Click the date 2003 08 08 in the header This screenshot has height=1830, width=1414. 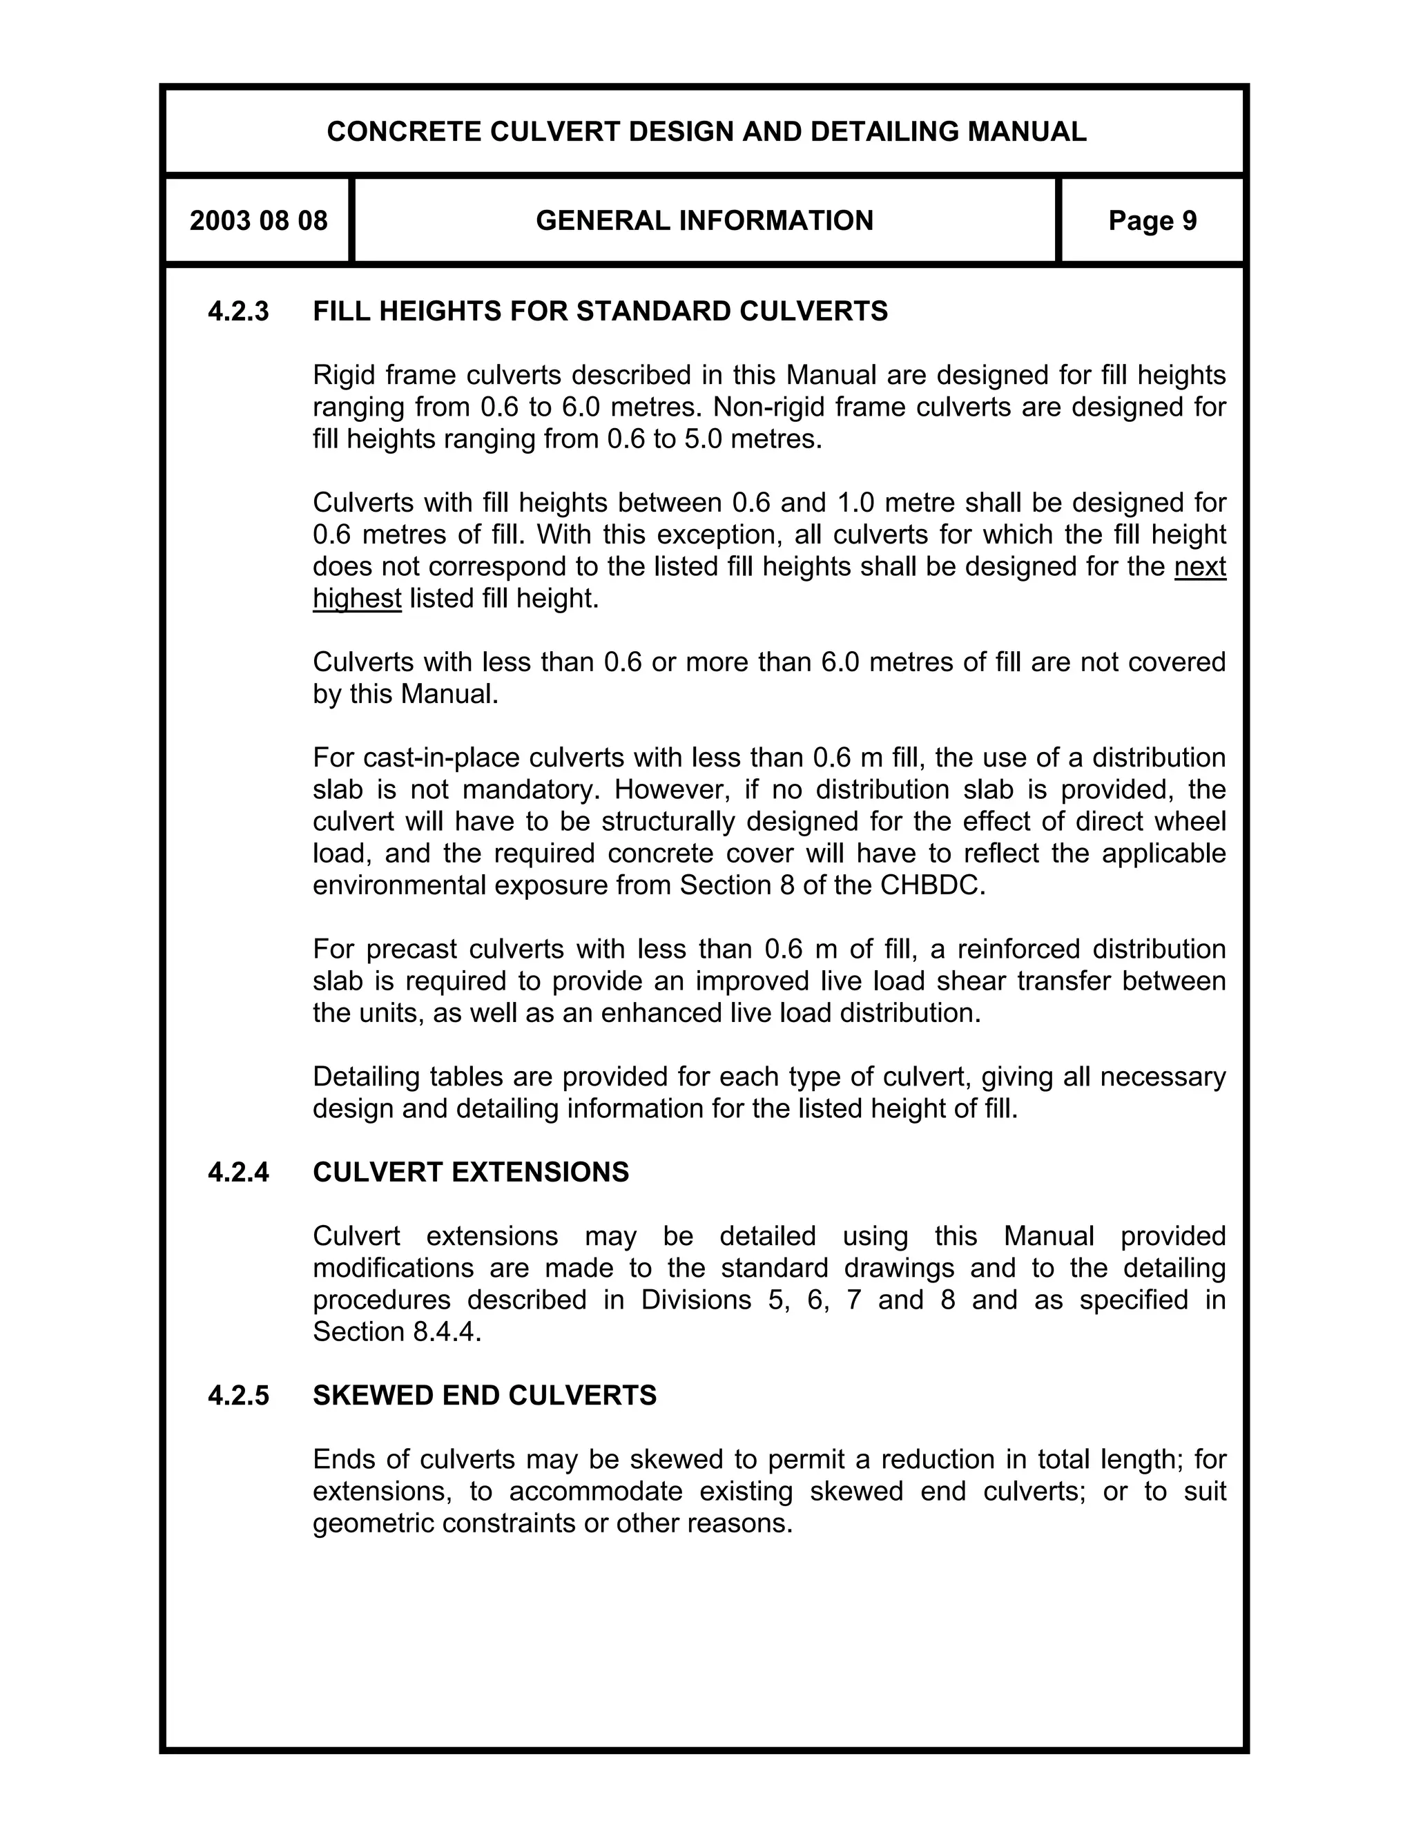[x=258, y=221]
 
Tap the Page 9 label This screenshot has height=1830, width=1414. [x=1152, y=221]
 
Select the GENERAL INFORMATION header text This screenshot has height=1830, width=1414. [x=704, y=221]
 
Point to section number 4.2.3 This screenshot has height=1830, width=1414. [x=239, y=311]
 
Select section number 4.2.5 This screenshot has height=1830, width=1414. [x=239, y=1396]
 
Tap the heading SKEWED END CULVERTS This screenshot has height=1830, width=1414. [x=484, y=1396]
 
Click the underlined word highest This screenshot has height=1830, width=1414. [x=357, y=599]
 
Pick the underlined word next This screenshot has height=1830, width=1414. [x=1199, y=567]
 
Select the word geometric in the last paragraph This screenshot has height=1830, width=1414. [x=374, y=1523]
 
